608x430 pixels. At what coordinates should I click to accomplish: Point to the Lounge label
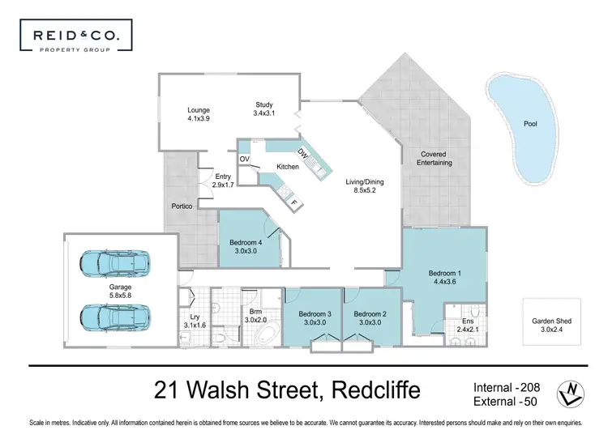point(199,114)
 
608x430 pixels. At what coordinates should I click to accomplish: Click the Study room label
point(265,109)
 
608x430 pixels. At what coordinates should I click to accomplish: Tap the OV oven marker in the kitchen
point(244,159)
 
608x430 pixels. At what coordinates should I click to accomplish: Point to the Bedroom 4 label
point(245,247)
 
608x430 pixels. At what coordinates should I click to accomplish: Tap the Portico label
point(182,206)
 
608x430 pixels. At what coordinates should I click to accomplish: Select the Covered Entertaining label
point(435,158)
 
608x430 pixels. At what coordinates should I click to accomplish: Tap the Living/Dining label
point(365,187)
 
